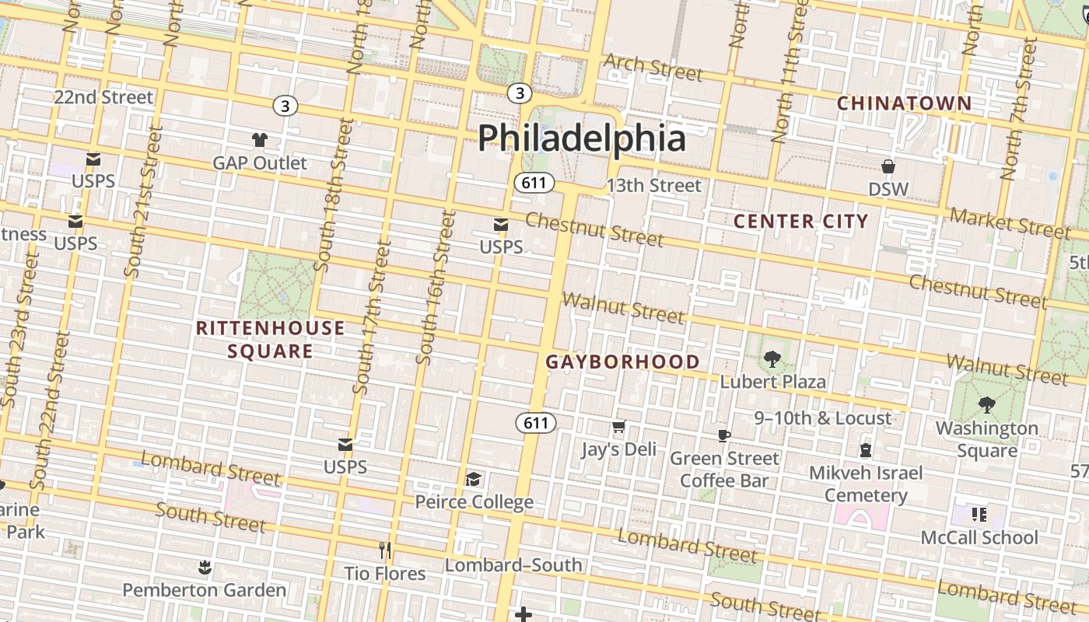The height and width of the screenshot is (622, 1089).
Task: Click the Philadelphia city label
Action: pyautogui.click(x=581, y=138)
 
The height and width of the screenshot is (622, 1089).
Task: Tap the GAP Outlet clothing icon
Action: pyautogui.click(x=260, y=140)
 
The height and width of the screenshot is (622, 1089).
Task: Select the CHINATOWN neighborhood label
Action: pyautogui.click(x=904, y=103)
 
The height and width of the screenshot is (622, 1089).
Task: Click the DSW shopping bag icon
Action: pyautogui.click(x=888, y=166)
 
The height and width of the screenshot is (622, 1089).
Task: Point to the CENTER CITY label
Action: pyautogui.click(x=800, y=222)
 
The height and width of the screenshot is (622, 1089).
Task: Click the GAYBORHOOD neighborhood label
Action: pyautogui.click(x=622, y=362)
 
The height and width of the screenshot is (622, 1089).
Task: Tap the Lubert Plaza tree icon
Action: pyautogui.click(x=772, y=359)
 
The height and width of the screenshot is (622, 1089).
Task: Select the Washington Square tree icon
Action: pyautogui.click(x=986, y=405)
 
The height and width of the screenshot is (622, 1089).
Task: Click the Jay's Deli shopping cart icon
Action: pyautogui.click(x=618, y=427)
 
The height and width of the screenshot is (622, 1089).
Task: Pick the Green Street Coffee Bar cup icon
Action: pyautogui.click(x=724, y=435)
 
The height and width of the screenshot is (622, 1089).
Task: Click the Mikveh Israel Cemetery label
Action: pyautogui.click(x=866, y=484)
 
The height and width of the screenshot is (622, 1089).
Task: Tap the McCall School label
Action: pyautogui.click(x=979, y=537)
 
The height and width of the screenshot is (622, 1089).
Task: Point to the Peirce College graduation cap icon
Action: pyautogui.click(x=473, y=479)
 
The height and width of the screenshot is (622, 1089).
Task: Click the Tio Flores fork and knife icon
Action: pyautogui.click(x=385, y=550)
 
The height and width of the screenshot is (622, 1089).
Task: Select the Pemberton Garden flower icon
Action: pyautogui.click(x=205, y=568)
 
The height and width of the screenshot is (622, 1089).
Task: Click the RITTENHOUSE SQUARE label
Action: pyautogui.click(x=270, y=339)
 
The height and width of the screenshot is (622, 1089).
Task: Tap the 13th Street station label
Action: pyautogui.click(x=653, y=185)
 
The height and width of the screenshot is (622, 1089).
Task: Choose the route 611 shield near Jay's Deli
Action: pyautogui.click(x=535, y=423)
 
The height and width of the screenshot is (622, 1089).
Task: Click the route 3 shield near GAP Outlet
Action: pyautogui.click(x=285, y=105)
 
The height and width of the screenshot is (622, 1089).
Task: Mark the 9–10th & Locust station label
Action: pyautogui.click(x=822, y=418)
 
